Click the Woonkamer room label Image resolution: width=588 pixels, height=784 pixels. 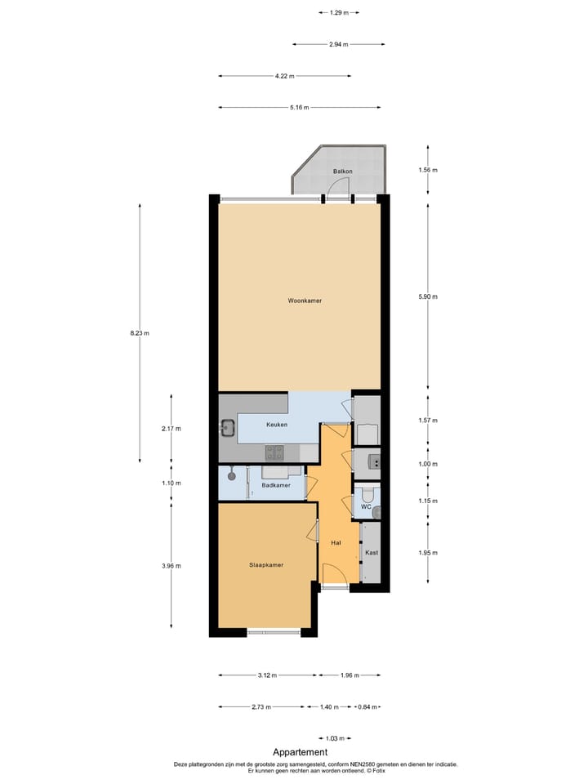(x=305, y=301)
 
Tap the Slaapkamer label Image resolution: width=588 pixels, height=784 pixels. (x=266, y=564)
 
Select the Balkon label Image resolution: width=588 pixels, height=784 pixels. (x=343, y=171)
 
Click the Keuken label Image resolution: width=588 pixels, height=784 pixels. (x=276, y=425)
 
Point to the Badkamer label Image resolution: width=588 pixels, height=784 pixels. (x=276, y=486)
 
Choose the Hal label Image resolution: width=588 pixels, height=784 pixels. (x=336, y=542)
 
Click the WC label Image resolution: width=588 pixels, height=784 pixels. (x=367, y=507)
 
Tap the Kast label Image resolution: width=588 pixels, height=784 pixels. (x=372, y=553)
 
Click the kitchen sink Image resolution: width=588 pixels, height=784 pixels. (x=228, y=427)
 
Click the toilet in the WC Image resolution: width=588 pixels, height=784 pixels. (x=368, y=493)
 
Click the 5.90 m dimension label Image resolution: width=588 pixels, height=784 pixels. (x=429, y=296)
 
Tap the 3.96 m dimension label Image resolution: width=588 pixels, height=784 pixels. (x=171, y=566)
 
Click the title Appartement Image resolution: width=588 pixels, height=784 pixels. (x=300, y=752)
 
